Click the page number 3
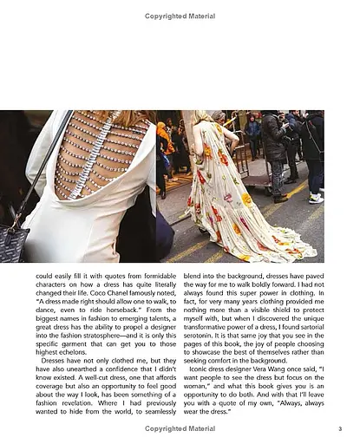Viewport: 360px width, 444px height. click(x=341, y=428)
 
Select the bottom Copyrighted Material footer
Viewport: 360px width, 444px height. click(x=180, y=428)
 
